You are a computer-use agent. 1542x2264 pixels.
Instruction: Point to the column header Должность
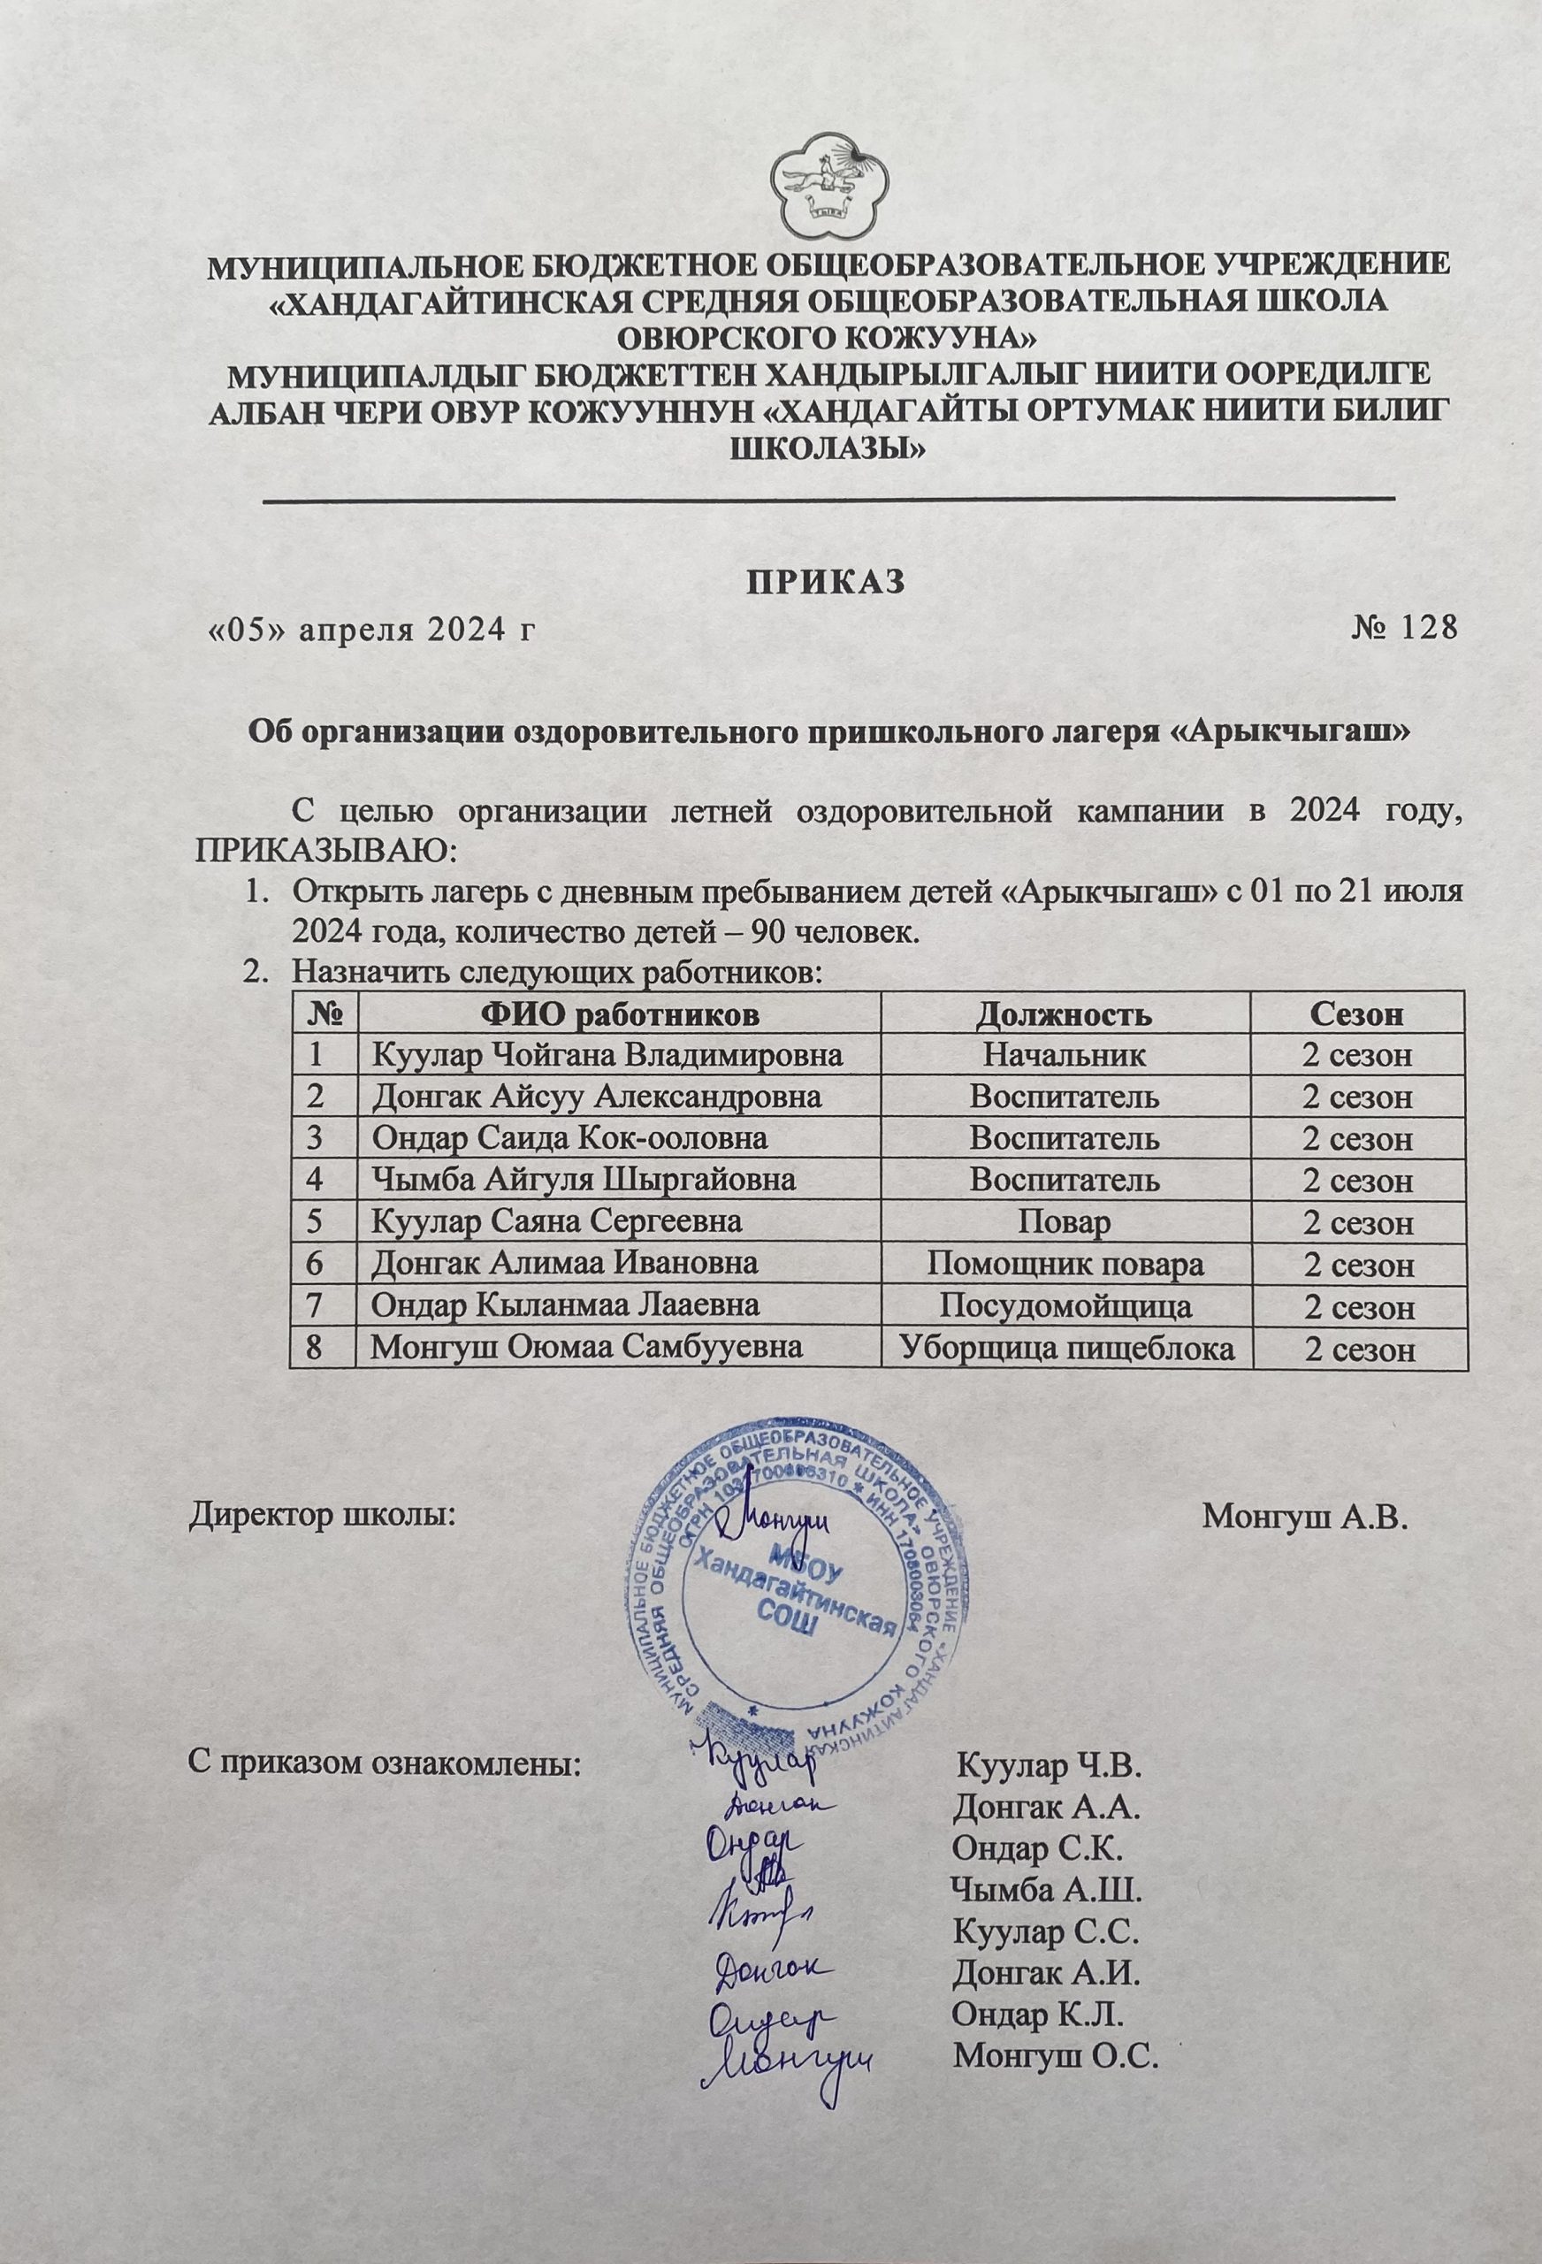click(x=1065, y=1014)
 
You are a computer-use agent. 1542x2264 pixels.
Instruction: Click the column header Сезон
click(x=1356, y=1014)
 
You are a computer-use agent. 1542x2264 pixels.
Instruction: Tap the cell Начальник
click(x=1065, y=1055)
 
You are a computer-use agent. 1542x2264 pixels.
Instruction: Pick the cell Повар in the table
click(x=1065, y=1222)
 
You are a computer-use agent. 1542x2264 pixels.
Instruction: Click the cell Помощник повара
click(x=1065, y=1265)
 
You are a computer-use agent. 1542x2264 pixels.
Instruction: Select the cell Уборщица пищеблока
click(x=1065, y=1349)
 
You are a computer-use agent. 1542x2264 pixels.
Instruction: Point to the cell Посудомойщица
click(x=1065, y=1306)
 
